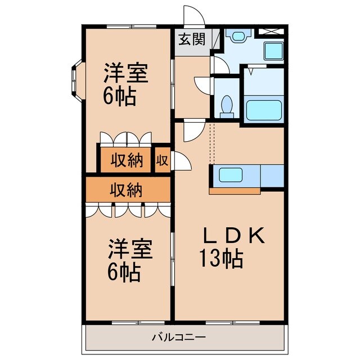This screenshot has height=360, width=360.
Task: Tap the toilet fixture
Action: (227, 106)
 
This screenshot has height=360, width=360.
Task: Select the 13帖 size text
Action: (220, 259)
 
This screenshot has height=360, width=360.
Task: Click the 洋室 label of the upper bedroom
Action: (125, 74)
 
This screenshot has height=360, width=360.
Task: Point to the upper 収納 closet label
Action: (126, 160)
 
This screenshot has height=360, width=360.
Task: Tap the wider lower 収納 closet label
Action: (126, 190)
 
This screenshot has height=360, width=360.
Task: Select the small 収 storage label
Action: (162, 160)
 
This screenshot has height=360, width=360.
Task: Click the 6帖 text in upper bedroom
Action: (119, 97)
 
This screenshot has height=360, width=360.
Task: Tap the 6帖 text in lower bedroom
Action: (124, 273)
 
